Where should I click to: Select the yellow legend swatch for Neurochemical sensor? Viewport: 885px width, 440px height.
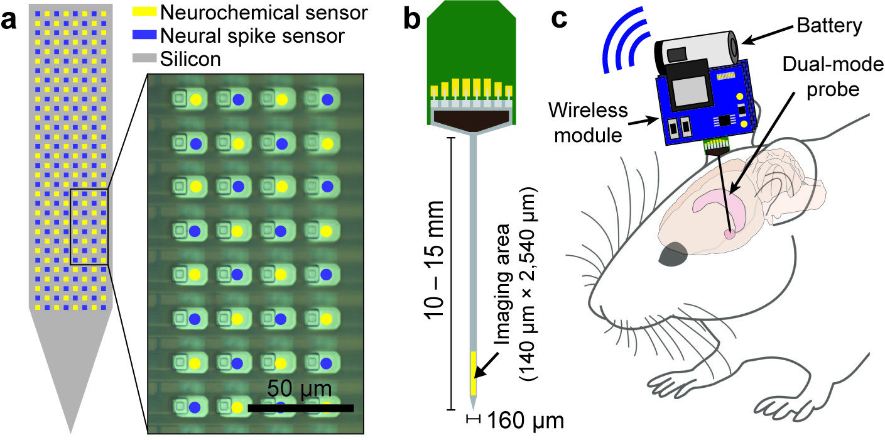click(145, 11)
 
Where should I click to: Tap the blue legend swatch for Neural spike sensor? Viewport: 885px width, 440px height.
click(145, 35)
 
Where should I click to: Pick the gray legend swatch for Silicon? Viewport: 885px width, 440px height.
click(145, 60)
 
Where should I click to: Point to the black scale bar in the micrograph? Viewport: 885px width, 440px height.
click(301, 408)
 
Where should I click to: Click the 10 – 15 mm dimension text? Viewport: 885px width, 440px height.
click(435, 258)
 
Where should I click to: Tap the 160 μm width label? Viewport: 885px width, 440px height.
click(523, 419)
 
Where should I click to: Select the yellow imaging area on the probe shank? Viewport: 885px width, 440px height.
click(474, 374)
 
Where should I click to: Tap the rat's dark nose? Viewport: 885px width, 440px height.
click(673, 253)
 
